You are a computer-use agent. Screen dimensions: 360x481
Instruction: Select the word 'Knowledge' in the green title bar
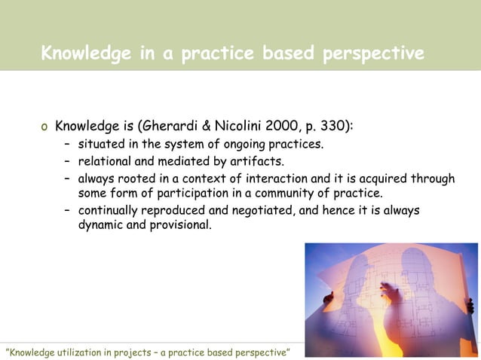coord(83,54)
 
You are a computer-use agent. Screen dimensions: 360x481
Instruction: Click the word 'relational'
coord(106,161)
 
